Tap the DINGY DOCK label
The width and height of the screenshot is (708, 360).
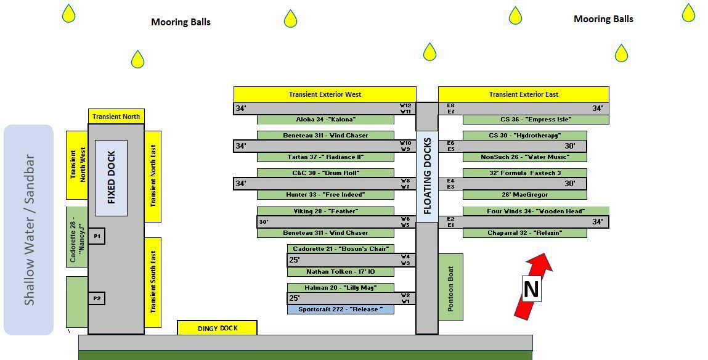point(217,328)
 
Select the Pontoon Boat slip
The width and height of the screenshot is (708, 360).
point(450,287)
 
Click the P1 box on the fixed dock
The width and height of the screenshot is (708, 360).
point(97,236)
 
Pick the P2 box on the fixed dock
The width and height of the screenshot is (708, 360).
point(97,298)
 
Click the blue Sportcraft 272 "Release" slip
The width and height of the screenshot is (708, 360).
point(340,309)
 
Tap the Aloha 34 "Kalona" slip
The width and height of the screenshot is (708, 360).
point(325,120)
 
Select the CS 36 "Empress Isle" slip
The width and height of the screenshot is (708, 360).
point(535,120)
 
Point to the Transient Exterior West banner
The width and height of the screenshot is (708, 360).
point(325,94)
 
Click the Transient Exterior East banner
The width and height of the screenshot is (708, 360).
point(523,94)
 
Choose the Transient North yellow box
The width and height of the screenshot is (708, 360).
point(116,116)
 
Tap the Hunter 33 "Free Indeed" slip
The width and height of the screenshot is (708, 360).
point(325,195)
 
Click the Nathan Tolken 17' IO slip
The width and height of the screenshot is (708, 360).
point(340,272)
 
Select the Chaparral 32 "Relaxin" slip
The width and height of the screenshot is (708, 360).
point(524,233)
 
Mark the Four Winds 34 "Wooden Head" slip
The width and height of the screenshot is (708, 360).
point(535,211)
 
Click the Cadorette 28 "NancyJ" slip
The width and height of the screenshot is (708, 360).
point(76,237)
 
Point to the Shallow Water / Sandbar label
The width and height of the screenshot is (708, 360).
point(29,230)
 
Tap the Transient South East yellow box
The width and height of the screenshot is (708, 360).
point(153,282)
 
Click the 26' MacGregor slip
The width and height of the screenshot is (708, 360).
point(524,195)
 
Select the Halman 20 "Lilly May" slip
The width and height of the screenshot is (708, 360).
point(340,288)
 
